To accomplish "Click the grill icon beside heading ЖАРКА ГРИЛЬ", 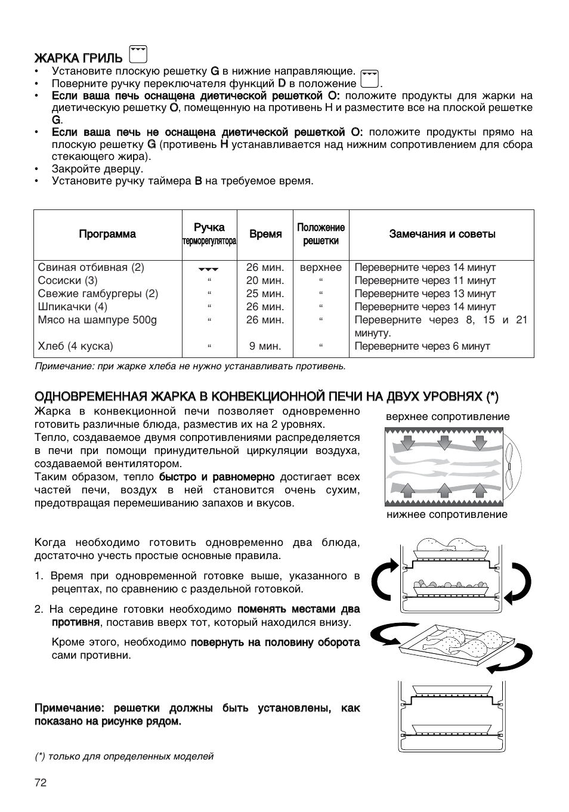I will (x=138, y=55).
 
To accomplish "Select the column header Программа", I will (x=107, y=234).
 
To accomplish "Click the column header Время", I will (x=265, y=234).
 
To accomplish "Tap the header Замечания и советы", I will (x=442, y=234).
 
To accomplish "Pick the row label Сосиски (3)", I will (x=67, y=280).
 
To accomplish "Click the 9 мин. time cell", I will (x=265, y=346).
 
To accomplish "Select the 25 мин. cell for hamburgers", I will (x=265, y=294).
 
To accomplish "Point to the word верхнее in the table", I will (x=320, y=267).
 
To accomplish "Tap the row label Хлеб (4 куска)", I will (x=75, y=346).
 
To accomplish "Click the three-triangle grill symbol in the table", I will (x=209, y=268).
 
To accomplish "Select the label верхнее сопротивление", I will (x=447, y=416).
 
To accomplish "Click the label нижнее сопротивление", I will (x=447, y=514).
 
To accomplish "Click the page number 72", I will (x=40, y=783).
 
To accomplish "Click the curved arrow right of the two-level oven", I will (x=518, y=581).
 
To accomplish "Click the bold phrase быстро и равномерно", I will (x=217, y=477).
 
